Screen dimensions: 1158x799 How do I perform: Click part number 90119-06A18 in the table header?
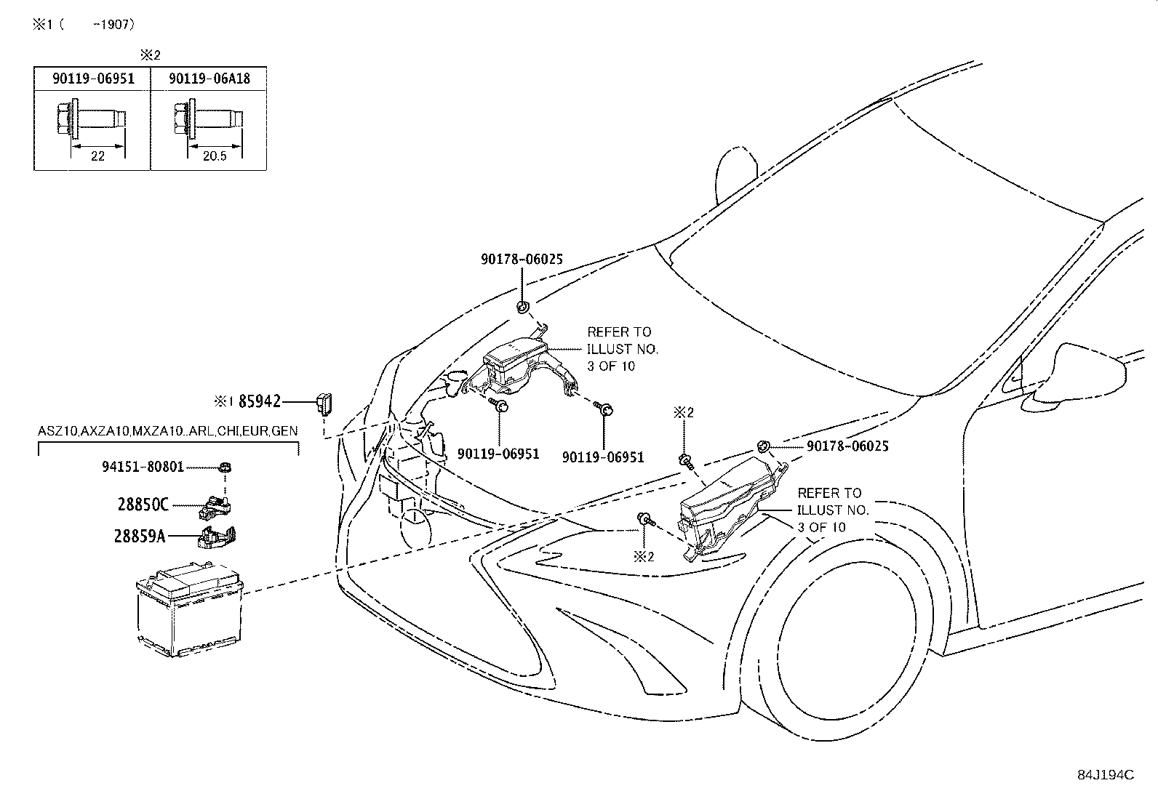(x=209, y=79)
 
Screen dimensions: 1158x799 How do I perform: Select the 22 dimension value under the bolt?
(x=97, y=156)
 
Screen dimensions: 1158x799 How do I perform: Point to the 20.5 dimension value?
(x=215, y=156)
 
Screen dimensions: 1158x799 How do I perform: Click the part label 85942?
(x=260, y=401)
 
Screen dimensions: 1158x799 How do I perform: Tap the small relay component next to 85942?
(x=324, y=403)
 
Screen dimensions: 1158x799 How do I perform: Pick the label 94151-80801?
(x=143, y=467)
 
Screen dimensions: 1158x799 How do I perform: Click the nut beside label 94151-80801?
(x=225, y=467)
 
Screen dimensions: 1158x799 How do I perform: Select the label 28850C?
(x=143, y=505)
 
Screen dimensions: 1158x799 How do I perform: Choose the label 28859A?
(x=140, y=537)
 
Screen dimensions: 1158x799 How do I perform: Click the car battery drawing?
(x=190, y=609)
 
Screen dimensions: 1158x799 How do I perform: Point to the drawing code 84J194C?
(x=1106, y=775)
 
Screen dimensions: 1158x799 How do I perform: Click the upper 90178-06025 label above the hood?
(x=522, y=260)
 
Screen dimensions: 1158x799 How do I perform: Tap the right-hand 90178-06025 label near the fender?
(x=847, y=446)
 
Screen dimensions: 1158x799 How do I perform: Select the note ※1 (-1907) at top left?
(x=84, y=24)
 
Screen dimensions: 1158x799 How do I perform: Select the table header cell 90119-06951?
(x=93, y=79)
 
